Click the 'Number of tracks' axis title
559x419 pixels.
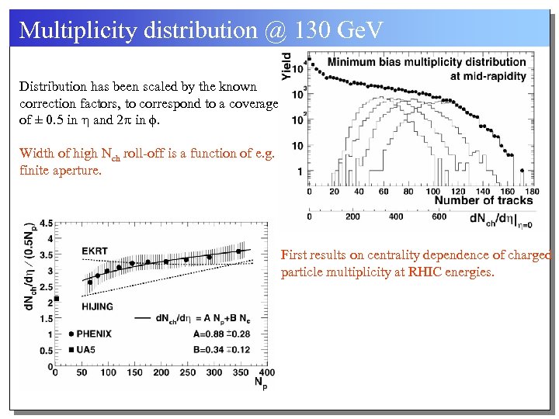pos(484,200)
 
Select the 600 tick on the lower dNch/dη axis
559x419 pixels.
pos(439,216)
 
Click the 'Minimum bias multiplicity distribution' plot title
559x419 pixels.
pos(427,62)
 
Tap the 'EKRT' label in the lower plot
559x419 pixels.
pos(95,251)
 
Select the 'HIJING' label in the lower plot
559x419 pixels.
pos(96,306)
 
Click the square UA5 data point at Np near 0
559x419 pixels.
pos(56,298)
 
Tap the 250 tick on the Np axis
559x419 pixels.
pos(187,372)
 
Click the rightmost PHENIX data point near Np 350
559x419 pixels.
pos(239,251)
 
